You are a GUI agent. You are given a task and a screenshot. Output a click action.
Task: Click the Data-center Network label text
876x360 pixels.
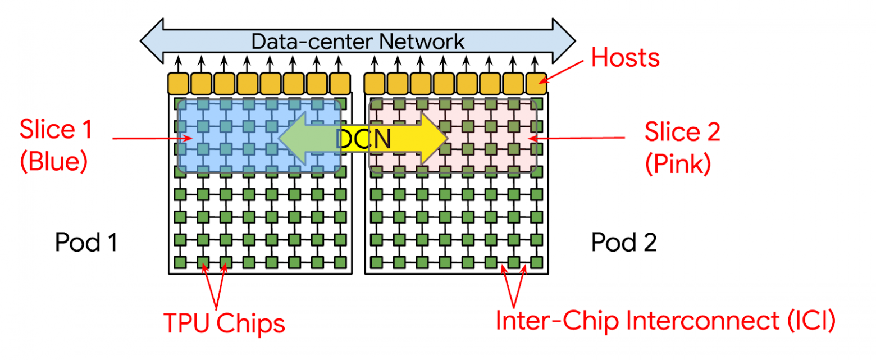(x=358, y=41)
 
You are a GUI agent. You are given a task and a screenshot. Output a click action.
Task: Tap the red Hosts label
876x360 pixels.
(x=626, y=58)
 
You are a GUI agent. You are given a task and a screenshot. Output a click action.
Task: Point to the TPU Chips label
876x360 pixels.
(x=224, y=323)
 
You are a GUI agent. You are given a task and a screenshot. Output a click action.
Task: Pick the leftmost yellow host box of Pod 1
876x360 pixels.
(x=178, y=83)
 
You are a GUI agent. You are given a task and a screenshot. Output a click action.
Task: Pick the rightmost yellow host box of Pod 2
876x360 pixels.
(x=537, y=83)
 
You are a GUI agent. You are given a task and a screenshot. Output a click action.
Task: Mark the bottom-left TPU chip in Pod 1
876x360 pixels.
(x=180, y=262)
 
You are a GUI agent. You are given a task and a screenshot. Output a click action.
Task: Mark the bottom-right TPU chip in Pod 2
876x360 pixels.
(x=537, y=262)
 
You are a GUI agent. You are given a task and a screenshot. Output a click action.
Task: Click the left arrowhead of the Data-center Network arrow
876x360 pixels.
(x=150, y=41)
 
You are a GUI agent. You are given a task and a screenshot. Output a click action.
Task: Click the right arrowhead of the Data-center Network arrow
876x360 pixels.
(x=564, y=41)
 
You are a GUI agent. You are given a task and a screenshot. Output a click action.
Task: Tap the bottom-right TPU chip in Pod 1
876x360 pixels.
(x=340, y=262)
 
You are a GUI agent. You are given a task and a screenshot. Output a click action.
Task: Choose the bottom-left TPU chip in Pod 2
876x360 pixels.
(x=376, y=262)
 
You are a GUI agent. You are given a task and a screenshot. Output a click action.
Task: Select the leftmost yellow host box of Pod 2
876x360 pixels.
(x=375, y=83)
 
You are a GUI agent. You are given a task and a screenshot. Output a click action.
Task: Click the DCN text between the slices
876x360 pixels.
(x=363, y=139)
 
